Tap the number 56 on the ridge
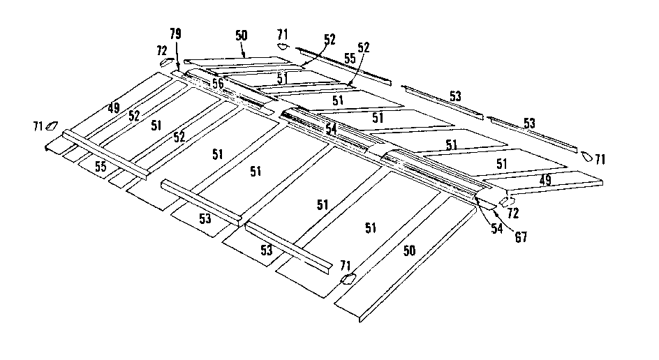point(219,82)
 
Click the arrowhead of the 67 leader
point(480,200)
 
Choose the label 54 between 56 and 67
point(331,129)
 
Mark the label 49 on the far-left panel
point(114,108)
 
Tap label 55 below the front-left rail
point(101,167)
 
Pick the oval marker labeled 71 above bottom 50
point(348,279)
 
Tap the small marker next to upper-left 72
point(166,62)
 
